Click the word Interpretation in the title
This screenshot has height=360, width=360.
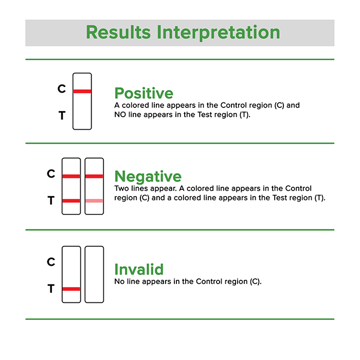[x=218, y=33]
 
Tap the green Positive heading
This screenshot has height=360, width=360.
[x=143, y=93]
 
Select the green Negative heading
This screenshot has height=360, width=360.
[x=148, y=176]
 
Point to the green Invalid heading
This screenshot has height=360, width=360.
[x=139, y=269]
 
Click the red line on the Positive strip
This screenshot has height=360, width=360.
[x=82, y=91]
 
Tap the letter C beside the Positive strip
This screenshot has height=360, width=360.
[x=62, y=89]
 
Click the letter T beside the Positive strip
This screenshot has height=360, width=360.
[x=62, y=116]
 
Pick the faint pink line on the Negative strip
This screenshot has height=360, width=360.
[x=94, y=201]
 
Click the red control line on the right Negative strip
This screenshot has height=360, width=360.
[x=94, y=176]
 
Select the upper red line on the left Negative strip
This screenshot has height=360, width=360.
[x=71, y=176]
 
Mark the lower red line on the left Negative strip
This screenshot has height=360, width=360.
[x=71, y=201]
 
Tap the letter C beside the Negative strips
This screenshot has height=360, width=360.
[x=51, y=174]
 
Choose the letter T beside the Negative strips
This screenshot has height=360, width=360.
[x=51, y=201]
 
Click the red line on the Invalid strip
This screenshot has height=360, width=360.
[x=71, y=289]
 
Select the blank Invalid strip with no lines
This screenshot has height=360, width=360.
[x=94, y=274]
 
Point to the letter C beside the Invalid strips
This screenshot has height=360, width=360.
[x=51, y=262]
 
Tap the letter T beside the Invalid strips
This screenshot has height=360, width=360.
[x=51, y=290]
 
